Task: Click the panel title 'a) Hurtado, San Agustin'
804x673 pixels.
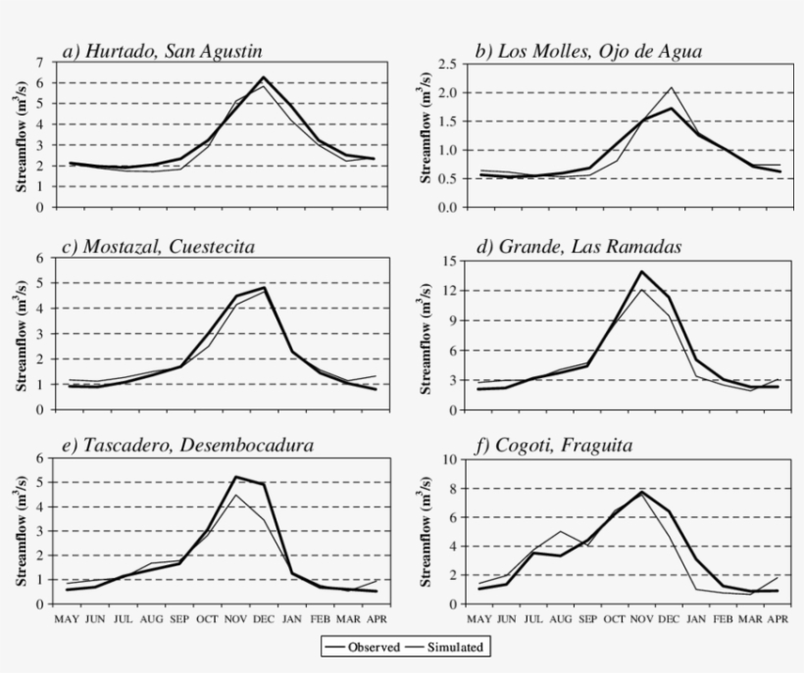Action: [x=162, y=51]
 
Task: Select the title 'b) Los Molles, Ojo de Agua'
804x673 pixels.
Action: [x=588, y=51]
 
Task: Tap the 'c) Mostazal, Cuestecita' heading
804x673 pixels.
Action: [x=158, y=247]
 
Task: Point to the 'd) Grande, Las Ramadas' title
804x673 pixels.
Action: [x=579, y=247]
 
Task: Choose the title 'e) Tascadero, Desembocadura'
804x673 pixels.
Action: [x=187, y=445]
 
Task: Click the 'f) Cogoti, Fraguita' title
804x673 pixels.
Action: [x=554, y=445]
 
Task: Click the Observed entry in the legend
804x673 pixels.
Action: [x=362, y=647]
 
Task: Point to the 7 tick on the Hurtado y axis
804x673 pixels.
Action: [x=39, y=62]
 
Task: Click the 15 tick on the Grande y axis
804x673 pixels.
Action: [x=449, y=261]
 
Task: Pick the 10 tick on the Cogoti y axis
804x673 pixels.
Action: [x=449, y=459]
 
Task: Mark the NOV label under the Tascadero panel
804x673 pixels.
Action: [x=235, y=619]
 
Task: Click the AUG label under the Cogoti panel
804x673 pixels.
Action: [x=561, y=619]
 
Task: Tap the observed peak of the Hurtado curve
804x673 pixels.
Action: [x=264, y=77]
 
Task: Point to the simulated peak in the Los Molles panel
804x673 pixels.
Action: [x=672, y=87]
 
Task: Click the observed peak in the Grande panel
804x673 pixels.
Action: [x=641, y=271]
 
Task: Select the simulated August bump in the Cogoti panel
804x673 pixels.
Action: [x=561, y=531]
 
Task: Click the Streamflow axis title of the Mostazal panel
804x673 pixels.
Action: [x=21, y=336]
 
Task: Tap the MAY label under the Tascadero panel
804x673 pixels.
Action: [x=67, y=619]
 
